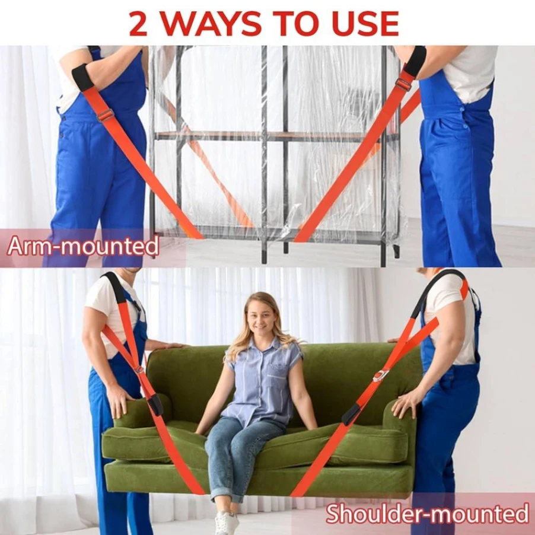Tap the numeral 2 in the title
pyautogui.click(x=138, y=24)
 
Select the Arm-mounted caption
pyautogui.click(x=83, y=246)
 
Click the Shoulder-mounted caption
pyautogui.click(x=427, y=513)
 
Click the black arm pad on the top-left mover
pyautogui.click(x=84, y=77)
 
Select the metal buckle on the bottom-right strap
pyautogui.click(x=380, y=375)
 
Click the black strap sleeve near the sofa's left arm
pyautogui.click(x=155, y=405)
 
